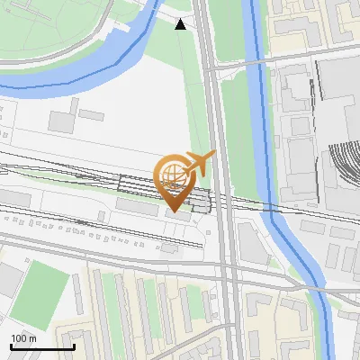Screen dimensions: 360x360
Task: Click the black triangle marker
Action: pos(181,24)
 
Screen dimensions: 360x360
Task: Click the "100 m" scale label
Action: pos(24,337)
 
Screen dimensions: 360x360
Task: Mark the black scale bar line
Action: pos(42,346)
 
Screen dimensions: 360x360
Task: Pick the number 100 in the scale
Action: pos(18,337)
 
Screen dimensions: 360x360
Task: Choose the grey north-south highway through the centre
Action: pos(216,117)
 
